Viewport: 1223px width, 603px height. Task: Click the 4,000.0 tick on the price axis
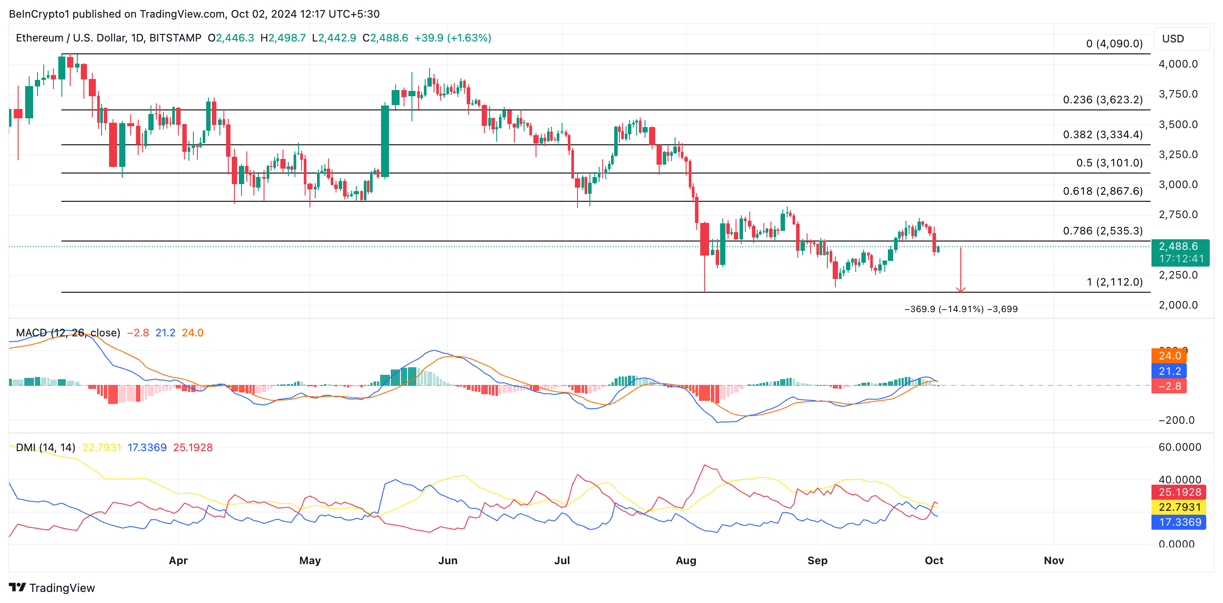1178,64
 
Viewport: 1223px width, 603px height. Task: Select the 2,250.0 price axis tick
1178,275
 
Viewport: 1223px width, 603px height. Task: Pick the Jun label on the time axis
448,560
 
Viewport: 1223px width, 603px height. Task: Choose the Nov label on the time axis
1053,560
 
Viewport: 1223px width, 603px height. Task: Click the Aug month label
686,560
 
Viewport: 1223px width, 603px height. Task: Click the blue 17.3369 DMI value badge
1179,522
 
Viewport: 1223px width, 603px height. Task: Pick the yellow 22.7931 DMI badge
1179,507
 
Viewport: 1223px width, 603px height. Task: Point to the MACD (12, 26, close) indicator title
68,333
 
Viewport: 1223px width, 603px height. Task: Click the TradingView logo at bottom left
52,588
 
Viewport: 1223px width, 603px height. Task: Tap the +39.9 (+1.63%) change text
453,38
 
